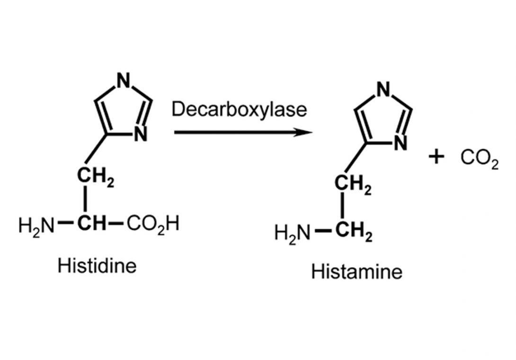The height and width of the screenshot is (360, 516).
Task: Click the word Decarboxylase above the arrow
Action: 239,110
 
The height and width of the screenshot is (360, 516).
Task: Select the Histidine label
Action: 97,265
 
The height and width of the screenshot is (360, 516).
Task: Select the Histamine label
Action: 357,272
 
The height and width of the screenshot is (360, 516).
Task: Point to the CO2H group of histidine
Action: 153,223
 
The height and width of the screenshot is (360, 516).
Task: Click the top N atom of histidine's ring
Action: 124,81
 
